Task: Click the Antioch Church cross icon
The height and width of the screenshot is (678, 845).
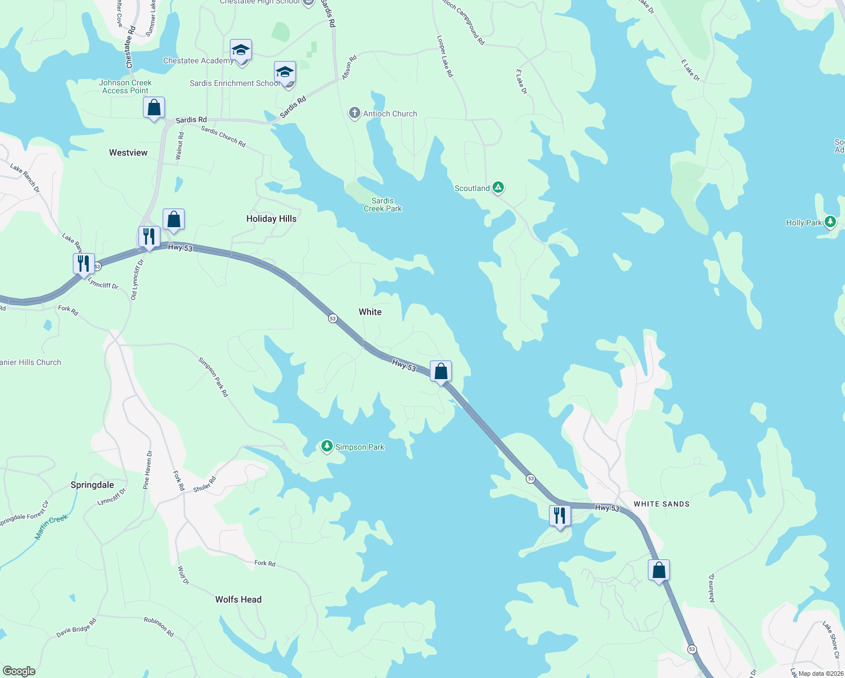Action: (x=354, y=114)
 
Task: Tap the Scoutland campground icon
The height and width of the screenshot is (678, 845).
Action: (x=498, y=188)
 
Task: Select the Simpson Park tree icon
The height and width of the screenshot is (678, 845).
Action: (x=326, y=446)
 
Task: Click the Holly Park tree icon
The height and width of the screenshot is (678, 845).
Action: (x=830, y=221)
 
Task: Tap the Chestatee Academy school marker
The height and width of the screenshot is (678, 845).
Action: (x=241, y=51)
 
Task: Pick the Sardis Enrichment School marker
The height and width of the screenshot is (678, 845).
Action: (x=285, y=73)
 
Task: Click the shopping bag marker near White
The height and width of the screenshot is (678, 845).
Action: (x=441, y=372)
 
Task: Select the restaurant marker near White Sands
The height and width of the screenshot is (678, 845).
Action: (x=559, y=516)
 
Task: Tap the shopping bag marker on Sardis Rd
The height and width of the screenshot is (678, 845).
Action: (x=154, y=108)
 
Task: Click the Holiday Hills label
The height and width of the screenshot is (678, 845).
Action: (x=271, y=219)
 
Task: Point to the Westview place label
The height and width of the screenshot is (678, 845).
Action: (x=128, y=153)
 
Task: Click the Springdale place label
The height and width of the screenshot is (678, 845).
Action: (x=92, y=485)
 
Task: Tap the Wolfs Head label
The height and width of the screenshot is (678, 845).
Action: (x=238, y=599)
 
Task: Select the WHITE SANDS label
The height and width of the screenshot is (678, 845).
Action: (x=661, y=504)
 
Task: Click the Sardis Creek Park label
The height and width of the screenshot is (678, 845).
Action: (x=382, y=205)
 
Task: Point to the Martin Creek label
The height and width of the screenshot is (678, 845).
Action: (x=51, y=527)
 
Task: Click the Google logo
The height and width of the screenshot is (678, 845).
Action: (x=19, y=671)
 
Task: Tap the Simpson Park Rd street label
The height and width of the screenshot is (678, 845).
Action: (x=214, y=377)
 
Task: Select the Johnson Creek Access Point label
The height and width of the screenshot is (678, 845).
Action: (x=125, y=86)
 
